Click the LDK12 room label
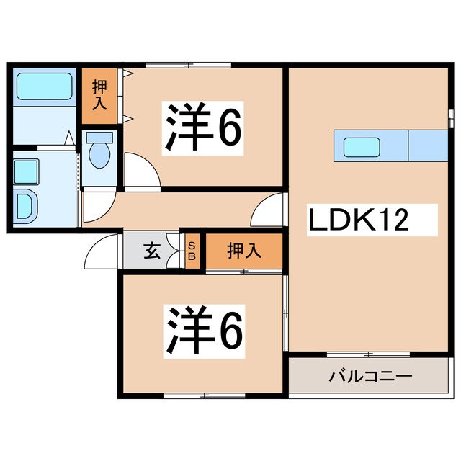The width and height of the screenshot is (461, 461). tap(359, 218)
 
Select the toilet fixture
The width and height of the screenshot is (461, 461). tap(99, 151)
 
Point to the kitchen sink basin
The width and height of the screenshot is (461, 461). tap(357, 146)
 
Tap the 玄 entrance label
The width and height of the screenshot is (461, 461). tap(152, 251)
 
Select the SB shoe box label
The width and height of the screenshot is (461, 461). tap(192, 251)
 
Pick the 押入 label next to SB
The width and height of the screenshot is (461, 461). tap(243, 251)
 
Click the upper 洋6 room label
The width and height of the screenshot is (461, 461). tap(204, 128)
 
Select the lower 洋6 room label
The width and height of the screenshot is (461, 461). tap(204, 330)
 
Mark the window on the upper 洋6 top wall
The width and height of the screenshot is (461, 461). tap(189, 66)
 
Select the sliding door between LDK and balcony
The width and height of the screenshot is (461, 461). tap(368, 354)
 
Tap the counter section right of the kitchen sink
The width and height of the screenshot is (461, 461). tap(428, 146)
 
